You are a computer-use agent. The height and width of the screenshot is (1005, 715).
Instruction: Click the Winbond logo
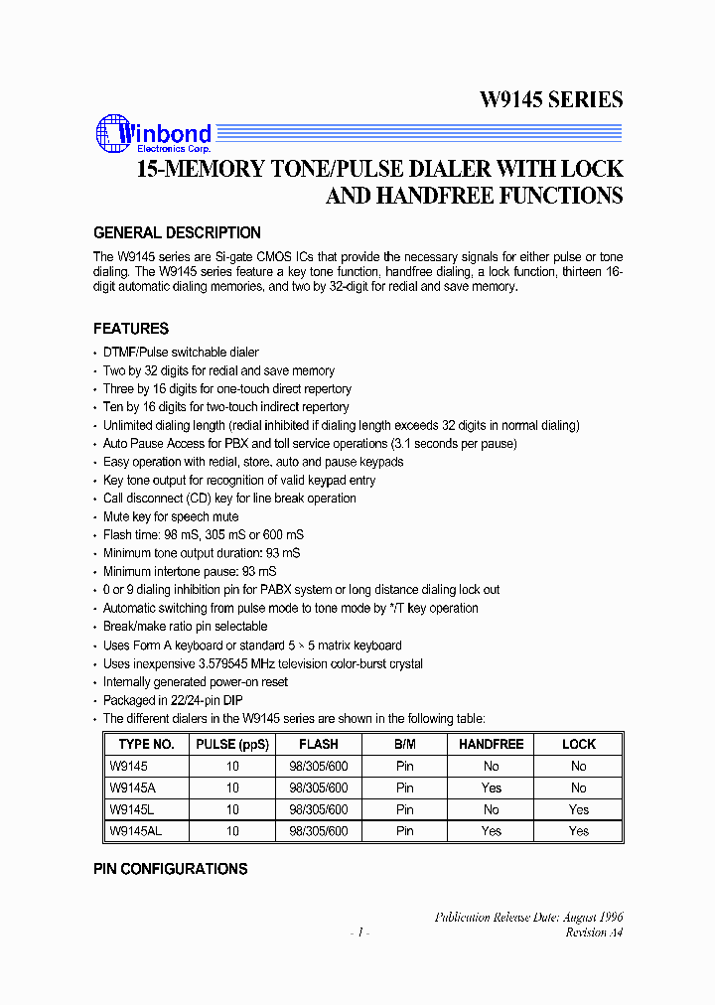pyautogui.click(x=153, y=133)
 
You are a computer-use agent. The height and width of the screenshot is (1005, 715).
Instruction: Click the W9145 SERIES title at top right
pyautogui.click(x=551, y=99)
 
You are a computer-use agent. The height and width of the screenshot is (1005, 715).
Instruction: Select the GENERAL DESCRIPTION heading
pyautogui.click(x=177, y=233)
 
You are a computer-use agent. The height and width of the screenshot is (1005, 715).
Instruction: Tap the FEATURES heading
pyautogui.click(x=131, y=329)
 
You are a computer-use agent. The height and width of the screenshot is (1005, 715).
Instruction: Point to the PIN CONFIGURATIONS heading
pyautogui.click(x=171, y=869)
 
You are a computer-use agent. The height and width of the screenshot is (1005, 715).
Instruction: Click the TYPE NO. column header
pyautogui.click(x=146, y=744)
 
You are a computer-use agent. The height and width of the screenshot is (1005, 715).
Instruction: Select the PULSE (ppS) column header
pyautogui.click(x=232, y=744)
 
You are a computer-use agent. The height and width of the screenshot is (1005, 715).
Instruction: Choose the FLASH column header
pyautogui.click(x=319, y=744)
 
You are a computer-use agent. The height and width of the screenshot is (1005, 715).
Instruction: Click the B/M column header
pyautogui.click(x=405, y=744)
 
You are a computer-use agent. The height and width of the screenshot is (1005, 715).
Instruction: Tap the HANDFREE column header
pyautogui.click(x=492, y=744)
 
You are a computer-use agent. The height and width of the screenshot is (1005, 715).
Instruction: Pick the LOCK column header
pyautogui.click(x=579, y=744)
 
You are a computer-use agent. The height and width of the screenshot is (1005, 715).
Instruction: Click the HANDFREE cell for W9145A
pyautogui.click(x=492, y=788)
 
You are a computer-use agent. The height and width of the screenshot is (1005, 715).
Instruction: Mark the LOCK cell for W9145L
pyautogui.click(x=579, y=809)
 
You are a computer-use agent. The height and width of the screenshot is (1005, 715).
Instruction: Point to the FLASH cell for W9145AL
pyautogui.click(x=319, y=831)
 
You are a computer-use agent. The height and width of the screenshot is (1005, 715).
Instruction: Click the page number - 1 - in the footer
pyautogui.click(x=360, y=933)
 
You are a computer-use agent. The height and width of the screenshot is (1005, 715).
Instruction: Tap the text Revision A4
pyautogui.click(x=594, y=933)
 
